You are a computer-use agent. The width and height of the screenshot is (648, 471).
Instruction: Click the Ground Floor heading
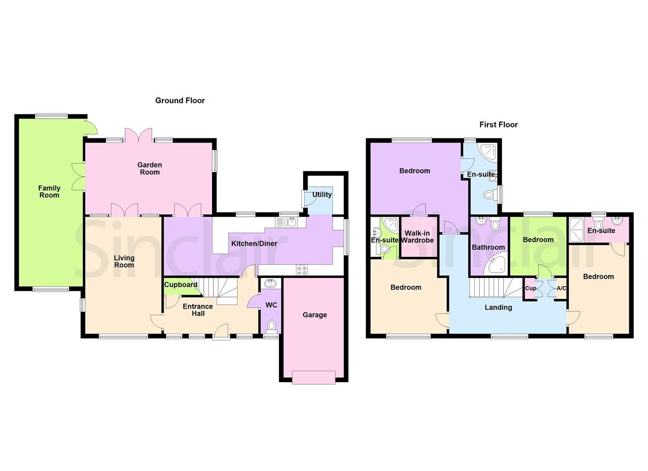180,101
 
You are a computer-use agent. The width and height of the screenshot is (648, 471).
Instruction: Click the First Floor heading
498,125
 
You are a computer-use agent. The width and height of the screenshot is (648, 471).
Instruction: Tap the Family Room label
49,192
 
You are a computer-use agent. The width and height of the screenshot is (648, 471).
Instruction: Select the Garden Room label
150,169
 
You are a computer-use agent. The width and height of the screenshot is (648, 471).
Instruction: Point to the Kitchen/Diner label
254,244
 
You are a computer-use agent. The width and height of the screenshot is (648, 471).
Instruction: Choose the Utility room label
322,195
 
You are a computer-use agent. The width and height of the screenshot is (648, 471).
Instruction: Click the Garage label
315,315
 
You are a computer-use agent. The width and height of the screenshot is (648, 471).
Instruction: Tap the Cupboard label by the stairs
181,285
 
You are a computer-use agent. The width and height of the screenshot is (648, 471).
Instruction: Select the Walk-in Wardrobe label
417,237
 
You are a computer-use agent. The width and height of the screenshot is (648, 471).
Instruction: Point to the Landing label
498,307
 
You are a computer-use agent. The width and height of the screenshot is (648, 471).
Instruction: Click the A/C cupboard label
561,288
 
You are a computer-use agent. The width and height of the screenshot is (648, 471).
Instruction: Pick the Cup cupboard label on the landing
531,288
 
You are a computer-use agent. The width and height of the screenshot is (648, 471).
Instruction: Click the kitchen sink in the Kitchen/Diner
286,222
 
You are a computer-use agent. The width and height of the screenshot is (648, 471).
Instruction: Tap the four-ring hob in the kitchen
302,270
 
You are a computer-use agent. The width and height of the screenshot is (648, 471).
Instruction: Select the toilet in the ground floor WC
271,325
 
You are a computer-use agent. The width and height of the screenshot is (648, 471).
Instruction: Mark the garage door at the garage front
314,377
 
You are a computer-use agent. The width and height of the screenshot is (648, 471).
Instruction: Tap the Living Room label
124,262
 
